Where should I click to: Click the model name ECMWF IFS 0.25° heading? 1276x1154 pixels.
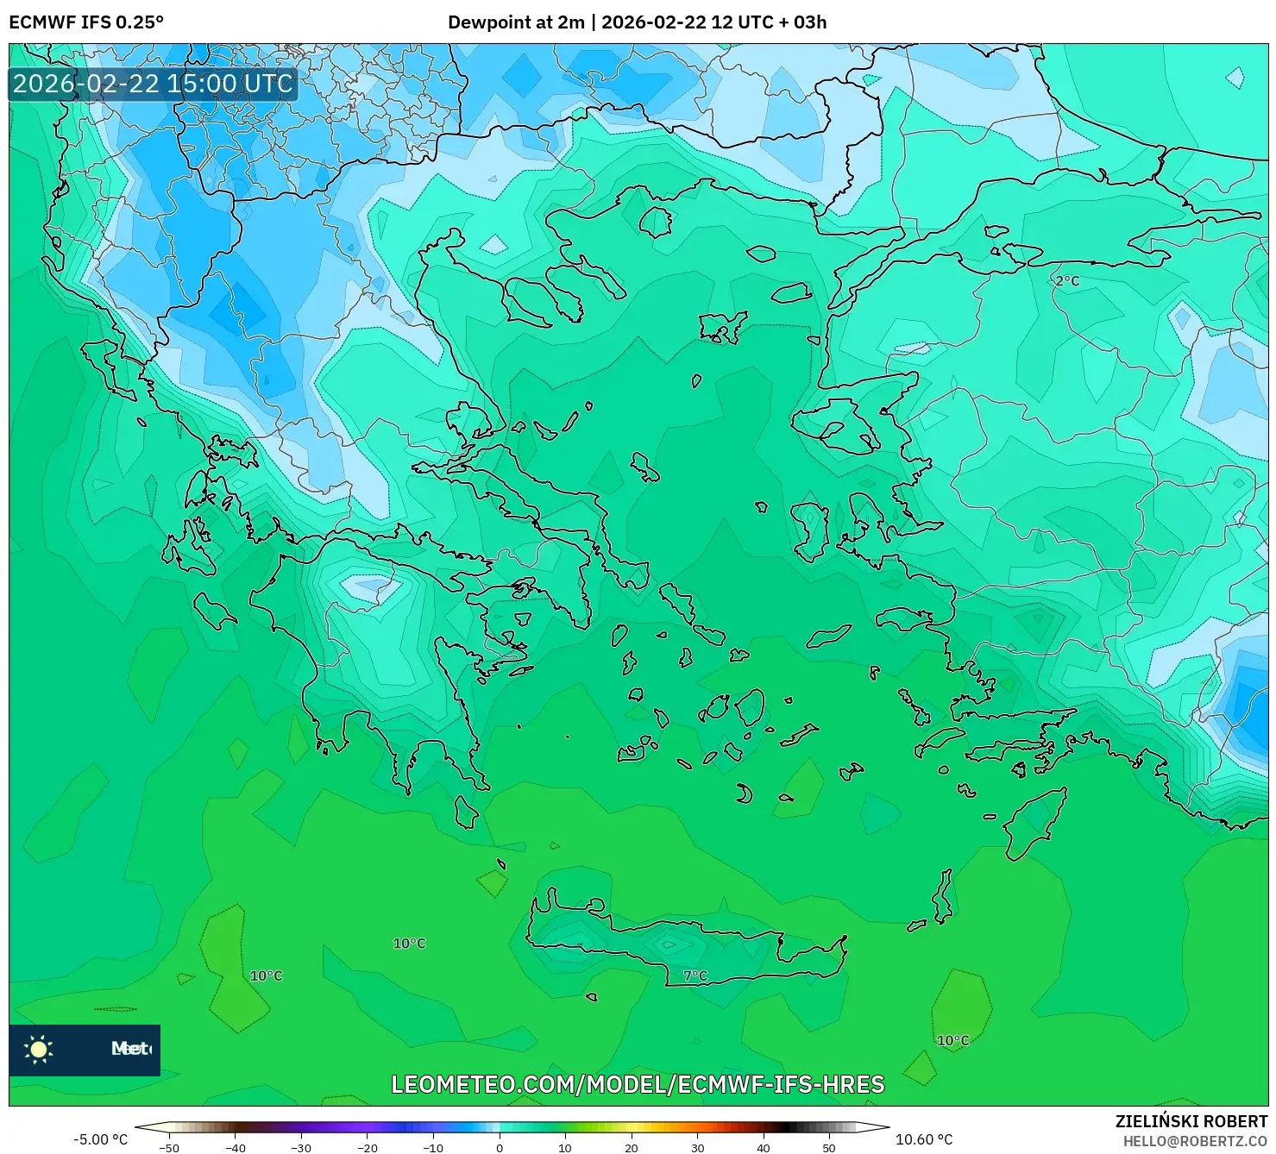[x=86, y=22]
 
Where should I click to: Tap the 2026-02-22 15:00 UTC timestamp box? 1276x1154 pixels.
[x=153, y=84]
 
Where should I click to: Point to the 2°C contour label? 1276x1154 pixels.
[x=1067, y=281]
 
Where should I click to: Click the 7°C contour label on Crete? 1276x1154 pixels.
[x=695, y=975]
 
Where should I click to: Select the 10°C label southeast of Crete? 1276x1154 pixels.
[x=953, y=1040]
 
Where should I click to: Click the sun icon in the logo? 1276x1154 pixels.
[x=39, y=1049]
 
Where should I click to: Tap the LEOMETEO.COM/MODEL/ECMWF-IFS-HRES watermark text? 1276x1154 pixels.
[x=638, y=1084]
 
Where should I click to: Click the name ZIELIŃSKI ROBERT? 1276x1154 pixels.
[x=1191, y=1121]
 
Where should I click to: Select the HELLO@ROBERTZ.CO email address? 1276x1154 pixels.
[x=1195, y=1141]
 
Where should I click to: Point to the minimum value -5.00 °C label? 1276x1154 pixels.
[x=100, y=1139]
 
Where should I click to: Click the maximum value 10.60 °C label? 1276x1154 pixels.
[x=924, y=1139]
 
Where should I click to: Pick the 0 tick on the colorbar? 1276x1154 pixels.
[x=500, y=1147]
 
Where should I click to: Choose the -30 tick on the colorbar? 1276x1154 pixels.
[x=300, y=1147]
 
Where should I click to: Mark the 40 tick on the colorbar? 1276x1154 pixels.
[x=764, y=1147]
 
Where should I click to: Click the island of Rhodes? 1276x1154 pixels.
[x=1034, y=823]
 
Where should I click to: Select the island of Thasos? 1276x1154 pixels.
[x=656, y=222]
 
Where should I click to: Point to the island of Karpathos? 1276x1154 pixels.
[x=944, y=897]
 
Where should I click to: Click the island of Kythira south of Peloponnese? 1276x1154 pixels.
[x=466, y=812]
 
